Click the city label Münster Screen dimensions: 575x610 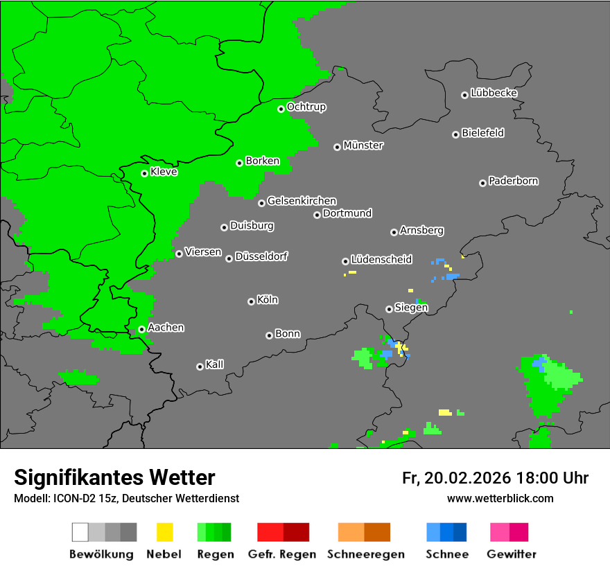[363, 145]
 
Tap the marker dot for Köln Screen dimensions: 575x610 [251, 301]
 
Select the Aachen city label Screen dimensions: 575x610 [166, 328]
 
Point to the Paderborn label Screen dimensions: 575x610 [513, 182]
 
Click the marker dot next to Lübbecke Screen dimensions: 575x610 [464, 95]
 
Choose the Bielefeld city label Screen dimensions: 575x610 [482, 133]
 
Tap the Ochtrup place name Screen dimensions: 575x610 [306, 107]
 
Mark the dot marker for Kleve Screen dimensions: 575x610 [144, 173]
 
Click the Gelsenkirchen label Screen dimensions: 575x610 [302, 201]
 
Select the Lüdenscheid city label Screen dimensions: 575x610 [381, 260]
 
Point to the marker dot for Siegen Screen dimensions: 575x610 [389, 309]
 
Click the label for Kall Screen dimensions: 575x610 [214, 364]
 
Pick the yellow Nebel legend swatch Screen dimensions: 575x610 [164, 532]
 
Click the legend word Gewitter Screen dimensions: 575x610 [511, 554]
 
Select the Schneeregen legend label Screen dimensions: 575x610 [364, 554]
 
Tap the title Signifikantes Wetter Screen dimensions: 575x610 [114, 477]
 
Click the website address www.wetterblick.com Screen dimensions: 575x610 [500, 498]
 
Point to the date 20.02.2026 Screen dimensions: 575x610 [467, 478]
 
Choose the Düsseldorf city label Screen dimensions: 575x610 [261, 257]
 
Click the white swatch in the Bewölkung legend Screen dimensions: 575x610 [80, 532]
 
